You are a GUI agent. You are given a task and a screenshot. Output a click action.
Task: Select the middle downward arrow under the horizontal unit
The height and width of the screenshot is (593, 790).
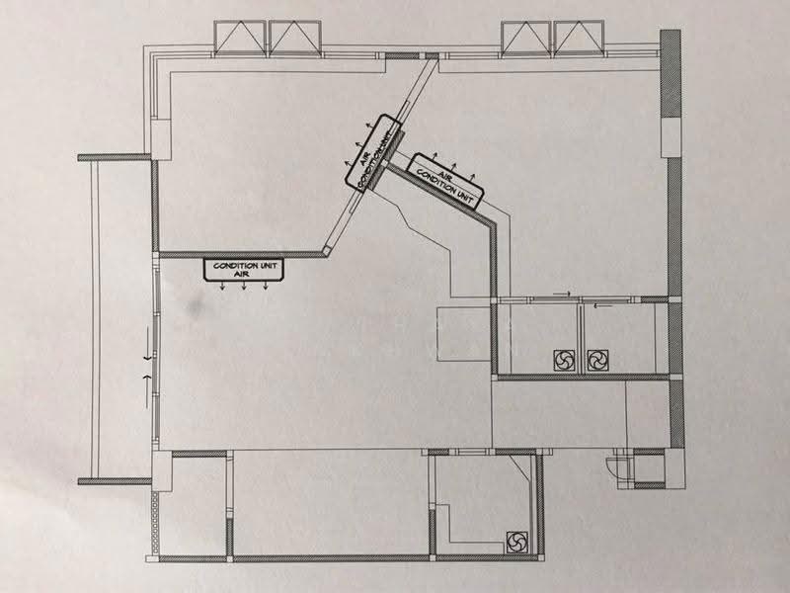click(x=244, y=286)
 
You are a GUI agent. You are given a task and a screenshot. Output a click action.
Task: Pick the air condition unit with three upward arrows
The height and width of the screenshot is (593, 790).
click(x=445, y=182)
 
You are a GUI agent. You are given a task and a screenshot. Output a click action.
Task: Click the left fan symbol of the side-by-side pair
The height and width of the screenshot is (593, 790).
click(x=564, y=361)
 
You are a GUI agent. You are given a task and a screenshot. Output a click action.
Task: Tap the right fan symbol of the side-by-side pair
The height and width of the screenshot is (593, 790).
click(x=597, y=361)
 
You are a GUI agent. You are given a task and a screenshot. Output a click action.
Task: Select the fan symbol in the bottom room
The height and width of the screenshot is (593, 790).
click(x=516, y=542)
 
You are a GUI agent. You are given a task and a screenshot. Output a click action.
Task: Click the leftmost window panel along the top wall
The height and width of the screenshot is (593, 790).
click(x=240, y=38)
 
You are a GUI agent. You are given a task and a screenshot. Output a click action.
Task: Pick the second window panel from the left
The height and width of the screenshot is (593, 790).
click(x=295, y=38)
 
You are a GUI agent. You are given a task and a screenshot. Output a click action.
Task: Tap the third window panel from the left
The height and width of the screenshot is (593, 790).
click(x=526, y=38)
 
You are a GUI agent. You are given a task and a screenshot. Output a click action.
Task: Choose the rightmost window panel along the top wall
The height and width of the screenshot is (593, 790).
click(x=579, y=38)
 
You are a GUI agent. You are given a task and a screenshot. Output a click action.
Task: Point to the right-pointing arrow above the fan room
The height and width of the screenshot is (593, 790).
click(x=562, y=293)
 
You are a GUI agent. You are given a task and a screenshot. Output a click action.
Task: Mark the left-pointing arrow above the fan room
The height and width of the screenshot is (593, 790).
click(x=602, y=304)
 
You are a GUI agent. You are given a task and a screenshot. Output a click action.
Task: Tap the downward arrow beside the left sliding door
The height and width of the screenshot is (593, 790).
click(x=147, y=344)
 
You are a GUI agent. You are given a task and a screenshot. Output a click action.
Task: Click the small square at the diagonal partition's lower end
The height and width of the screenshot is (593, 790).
click(x=328, y=251)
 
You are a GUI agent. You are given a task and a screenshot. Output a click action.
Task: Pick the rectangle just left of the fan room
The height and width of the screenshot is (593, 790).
click(x=463, y=333)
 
